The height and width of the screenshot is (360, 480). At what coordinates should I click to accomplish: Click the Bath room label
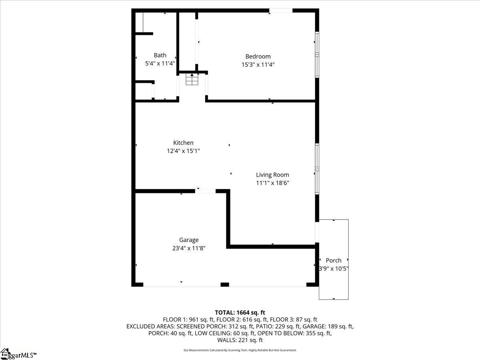tap(160, 55)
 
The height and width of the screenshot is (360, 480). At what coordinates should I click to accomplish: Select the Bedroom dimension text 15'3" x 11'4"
tap(258, 64)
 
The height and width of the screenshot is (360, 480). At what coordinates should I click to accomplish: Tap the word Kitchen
tap(183, 143)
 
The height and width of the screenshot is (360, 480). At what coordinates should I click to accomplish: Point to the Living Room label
tap(272, 175)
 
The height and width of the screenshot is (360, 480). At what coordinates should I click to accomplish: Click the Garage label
tap(189, 240)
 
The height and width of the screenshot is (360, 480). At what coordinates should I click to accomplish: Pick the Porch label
tap(334, 260)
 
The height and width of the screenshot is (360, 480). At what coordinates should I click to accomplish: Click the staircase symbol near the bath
tap(192, 80)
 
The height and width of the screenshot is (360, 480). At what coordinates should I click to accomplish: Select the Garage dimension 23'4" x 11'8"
tap(189, 248)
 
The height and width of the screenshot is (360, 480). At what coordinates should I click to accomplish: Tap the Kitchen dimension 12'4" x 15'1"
tap(183, 151)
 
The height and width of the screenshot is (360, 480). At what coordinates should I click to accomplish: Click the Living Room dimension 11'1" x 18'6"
tap(272, 183)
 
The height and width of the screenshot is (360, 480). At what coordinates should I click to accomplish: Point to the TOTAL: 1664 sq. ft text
tap(240, 312)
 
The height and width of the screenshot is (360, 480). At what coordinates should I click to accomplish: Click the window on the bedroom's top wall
tap(281, 10)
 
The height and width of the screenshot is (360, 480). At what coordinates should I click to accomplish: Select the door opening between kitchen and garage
tap(205, 191)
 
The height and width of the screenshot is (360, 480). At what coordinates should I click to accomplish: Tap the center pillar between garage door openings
tap(225, 284)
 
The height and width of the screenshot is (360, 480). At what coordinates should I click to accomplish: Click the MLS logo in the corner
tap(18, 354)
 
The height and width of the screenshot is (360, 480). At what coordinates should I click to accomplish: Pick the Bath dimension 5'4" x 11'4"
tap(160, 63)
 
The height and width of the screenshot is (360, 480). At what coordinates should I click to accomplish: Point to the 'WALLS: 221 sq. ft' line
tap(240, 340)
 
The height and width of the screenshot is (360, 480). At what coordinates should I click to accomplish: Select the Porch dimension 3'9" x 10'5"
tap(334, 269)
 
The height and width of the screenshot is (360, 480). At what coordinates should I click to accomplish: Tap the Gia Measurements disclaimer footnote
tap(240, 350)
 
